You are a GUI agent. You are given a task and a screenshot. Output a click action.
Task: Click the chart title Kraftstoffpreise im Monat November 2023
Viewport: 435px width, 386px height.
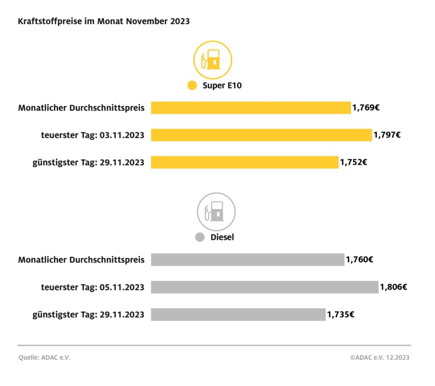coord(104,21)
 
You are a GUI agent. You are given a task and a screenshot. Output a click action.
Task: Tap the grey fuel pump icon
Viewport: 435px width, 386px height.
coord(216,212)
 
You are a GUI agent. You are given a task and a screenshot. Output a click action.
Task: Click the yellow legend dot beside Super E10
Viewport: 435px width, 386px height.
coord(192,86)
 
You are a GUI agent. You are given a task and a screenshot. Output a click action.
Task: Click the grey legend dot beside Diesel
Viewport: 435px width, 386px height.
coord(200,237)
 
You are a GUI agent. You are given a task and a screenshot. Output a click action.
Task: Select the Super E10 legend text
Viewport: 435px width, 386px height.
coord(222,86)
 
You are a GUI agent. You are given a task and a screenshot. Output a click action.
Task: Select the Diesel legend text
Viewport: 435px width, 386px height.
coord(222,237)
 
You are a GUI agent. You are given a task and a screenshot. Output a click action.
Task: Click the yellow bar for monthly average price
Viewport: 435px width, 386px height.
coord(251,108)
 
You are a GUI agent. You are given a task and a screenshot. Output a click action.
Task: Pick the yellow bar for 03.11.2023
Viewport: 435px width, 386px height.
coord(261,135)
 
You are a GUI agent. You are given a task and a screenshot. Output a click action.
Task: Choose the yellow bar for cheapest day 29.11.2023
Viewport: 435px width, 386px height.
coord(245,162)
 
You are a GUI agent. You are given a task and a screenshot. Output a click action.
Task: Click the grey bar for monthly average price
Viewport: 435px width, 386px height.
coord(248,260)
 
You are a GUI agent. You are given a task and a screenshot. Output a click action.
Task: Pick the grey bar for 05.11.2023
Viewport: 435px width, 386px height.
coord(264,287)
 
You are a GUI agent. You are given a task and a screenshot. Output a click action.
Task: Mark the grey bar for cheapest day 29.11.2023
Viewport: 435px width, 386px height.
coord(238,315)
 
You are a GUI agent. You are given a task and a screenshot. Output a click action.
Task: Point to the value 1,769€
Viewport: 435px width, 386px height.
coord(366,108)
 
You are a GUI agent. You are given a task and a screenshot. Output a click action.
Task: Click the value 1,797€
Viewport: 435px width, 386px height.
coord(387,135)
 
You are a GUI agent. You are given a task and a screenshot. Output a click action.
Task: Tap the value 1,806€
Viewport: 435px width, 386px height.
coord(393,287)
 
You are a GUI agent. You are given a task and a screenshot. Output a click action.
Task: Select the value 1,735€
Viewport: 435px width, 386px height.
coord(341,315)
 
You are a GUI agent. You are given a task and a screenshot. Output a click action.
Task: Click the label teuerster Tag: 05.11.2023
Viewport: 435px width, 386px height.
coord(93,287)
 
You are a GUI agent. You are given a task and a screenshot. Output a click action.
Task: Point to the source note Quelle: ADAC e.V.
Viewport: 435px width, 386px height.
coord(45,357)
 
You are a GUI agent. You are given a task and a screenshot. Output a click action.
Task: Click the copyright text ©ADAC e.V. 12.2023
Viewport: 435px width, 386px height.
coord(380,357)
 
